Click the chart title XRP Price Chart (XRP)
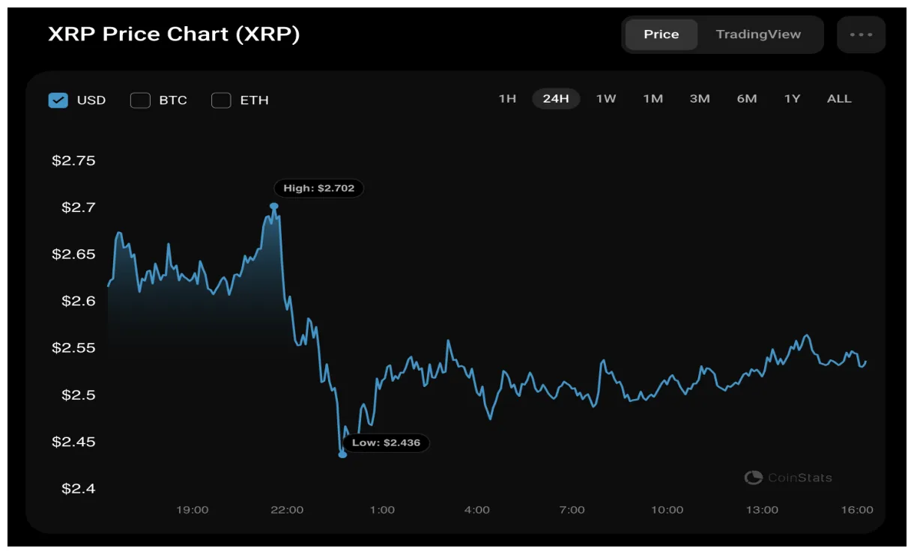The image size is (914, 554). pyautogui.click(x=174, y=34)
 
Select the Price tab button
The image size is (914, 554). pyautogui.click(x=661, y=34)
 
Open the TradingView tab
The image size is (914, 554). pyautogui.click(x=758, y=34)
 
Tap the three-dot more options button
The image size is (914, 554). pyautogui.click(x=861, y=34)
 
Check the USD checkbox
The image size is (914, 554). pyautogui.click(x=58, y=100)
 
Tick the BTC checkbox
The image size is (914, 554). pyautogui.click(x=140, y=100)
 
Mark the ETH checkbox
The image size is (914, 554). pyautogui.click(x=221, y=100)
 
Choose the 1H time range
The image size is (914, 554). pyautogui.click(x=507, y=99)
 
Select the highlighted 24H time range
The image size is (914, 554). pyautogui.click(x=556, y=99)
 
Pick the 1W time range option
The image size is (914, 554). pyautogui.click(x=605, y=99)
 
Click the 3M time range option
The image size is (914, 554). pyautogui.click(x=700, y=99)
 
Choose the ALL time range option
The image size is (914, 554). pyautogui.click(x=839, y=99)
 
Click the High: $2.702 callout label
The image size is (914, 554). pyautogui.click(x=318, y=188)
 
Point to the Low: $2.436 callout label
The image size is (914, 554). pyautogui.click(x=387, y=442)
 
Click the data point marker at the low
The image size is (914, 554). pyautogui.click(x=342, y=454)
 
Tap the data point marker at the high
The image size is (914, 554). pyautogui.click(x=274, y=206)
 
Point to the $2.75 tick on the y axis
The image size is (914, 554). pyautogui.click(x=73, y=161)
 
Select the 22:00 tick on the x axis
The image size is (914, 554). pyautogui.click(x=287, y=510)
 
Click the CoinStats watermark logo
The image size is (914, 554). pyautogui.click(x=753, y=478)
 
